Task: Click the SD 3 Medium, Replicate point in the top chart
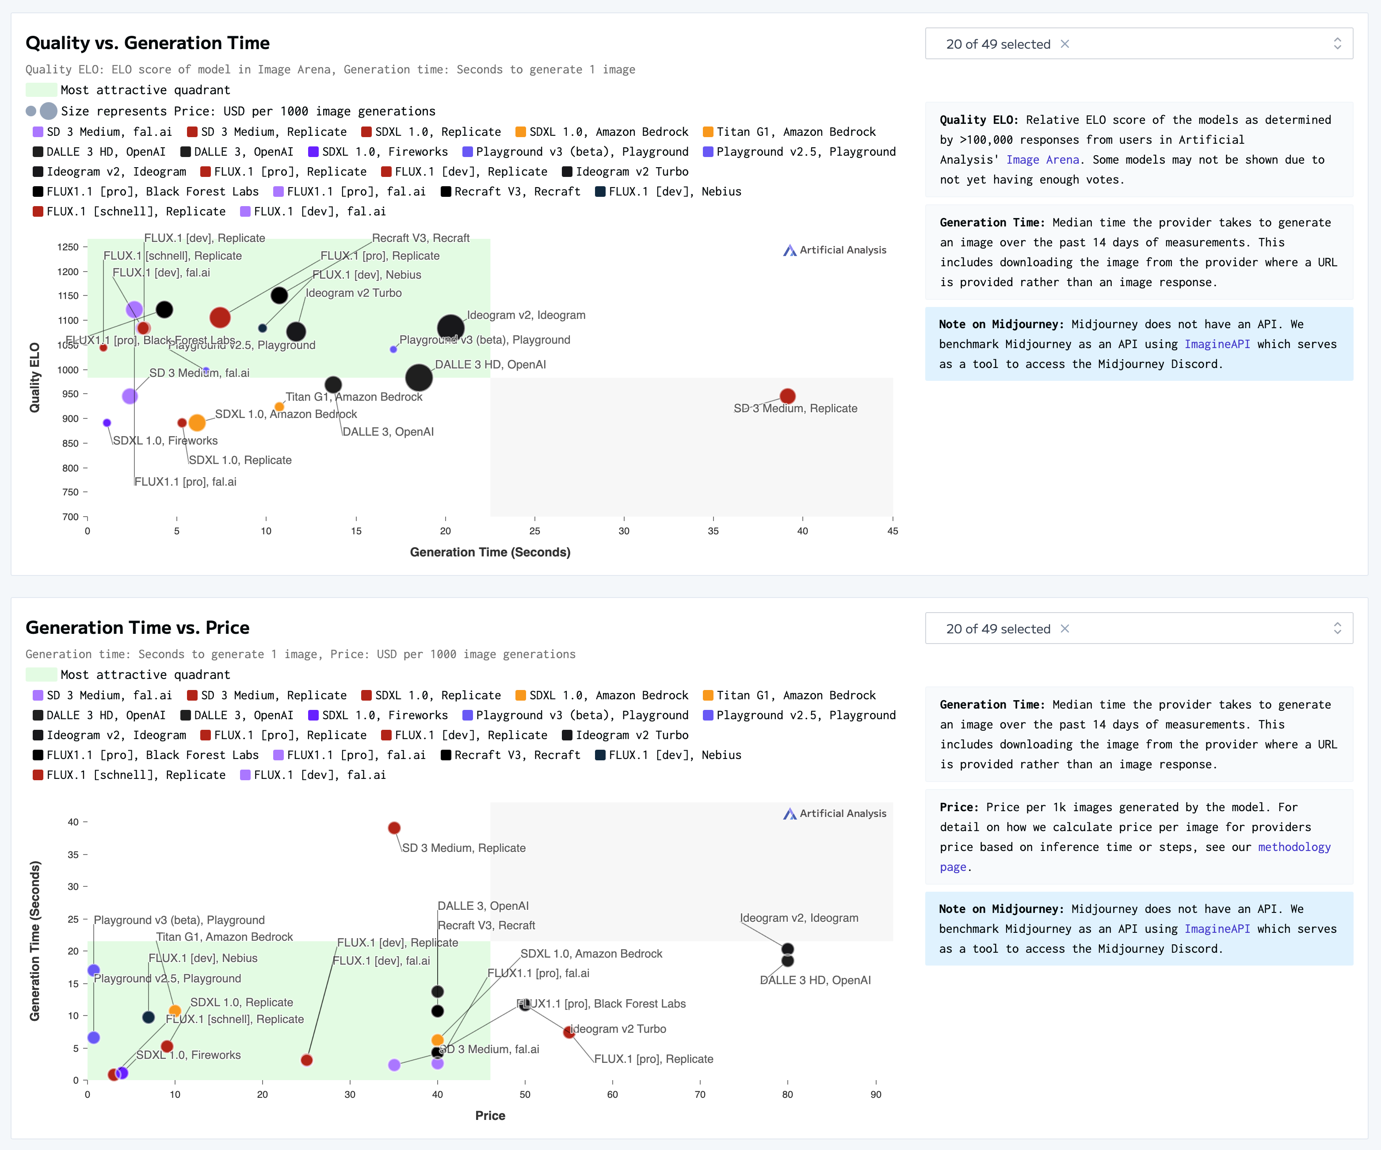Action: pyautogui.click(x=787, y=396)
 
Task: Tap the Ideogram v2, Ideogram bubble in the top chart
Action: pyautogui.click(x=450, y=328)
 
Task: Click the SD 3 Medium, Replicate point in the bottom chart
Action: pyautogui.click(x=394, y=828)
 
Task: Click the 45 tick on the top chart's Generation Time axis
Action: pyautogui.click(x=893, y=531)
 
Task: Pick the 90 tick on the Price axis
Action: pyautogui.click(x=875, y=1094)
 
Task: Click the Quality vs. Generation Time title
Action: pyautogui.click(x=147, y=43)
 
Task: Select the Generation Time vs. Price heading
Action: pyautogui.click(x=137, y=628)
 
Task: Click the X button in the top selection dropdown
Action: pyautogui.click(x=1064, y=44)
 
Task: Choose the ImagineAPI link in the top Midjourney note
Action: pyautogui.click(x=1217, y=344)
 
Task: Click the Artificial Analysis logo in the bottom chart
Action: pyautogui.click(x=835, y=813)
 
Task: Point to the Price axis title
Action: pyautogui.click(x=490, y=1115)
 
